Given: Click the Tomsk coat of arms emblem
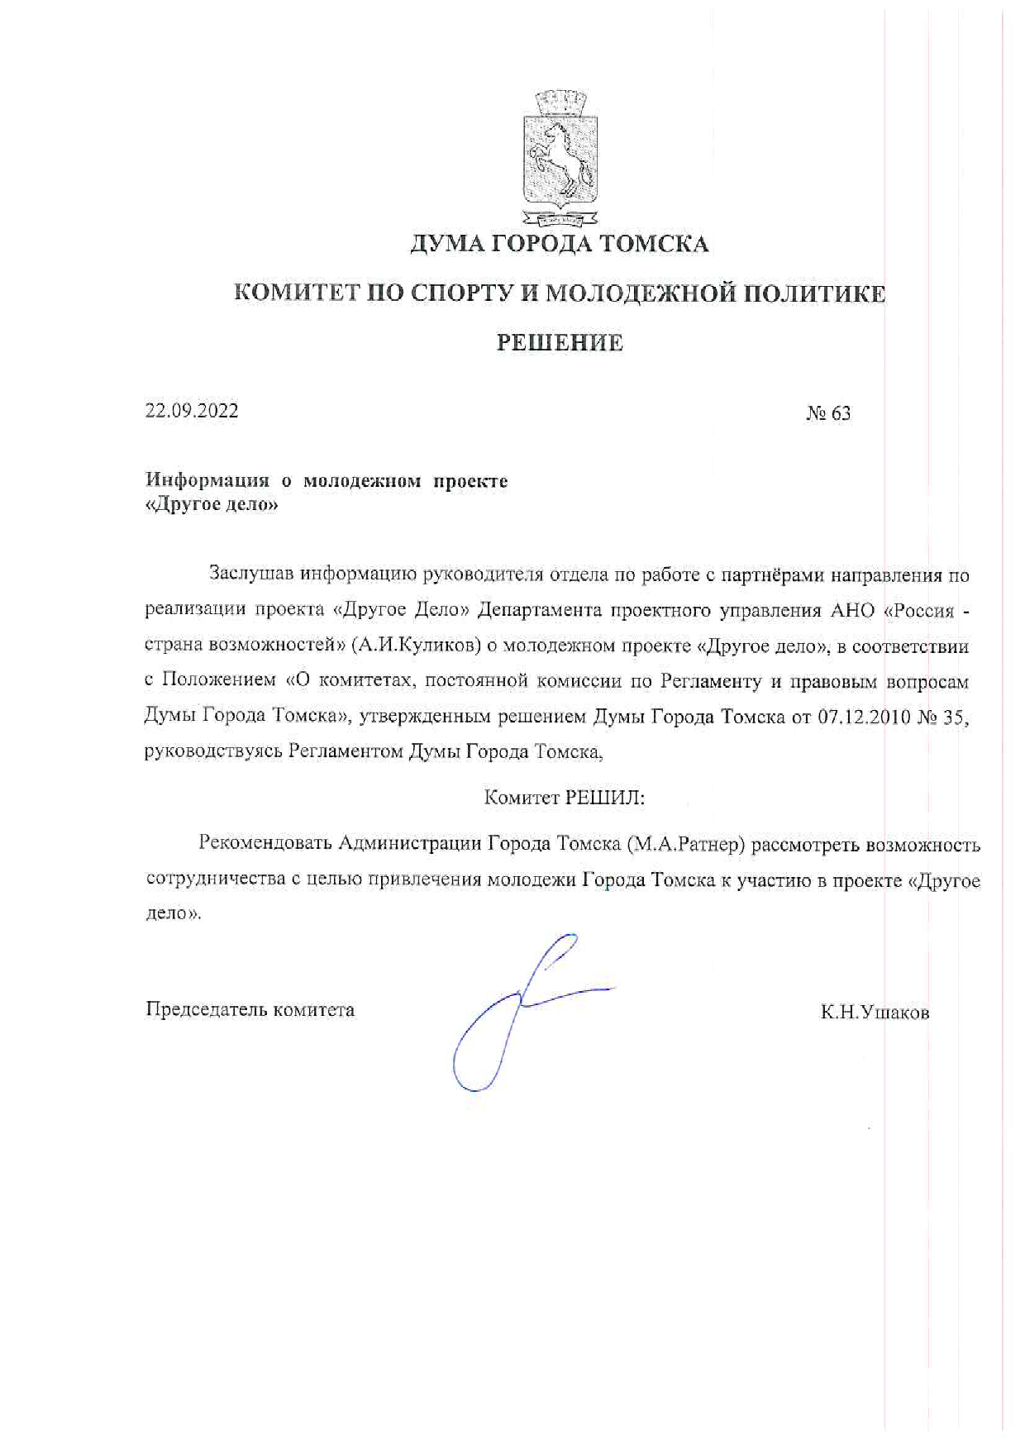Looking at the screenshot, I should coord(560,159).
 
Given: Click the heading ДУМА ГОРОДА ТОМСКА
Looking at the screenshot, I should coord(560,245).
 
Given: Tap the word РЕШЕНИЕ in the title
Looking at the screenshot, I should coord(560,343).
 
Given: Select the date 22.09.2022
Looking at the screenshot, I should coord(192,411).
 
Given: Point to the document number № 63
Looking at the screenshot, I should coord(828,413).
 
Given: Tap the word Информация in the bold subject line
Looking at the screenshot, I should coord(207,480).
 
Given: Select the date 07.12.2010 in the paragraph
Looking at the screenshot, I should coord(864,717).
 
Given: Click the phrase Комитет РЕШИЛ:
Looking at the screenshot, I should coord(564,798).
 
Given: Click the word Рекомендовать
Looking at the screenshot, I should coord(265,844).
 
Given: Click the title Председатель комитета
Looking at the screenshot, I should coord(250,1009).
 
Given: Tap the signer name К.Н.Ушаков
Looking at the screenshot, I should coord(875,1013).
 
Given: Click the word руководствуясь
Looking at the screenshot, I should coord(214,752).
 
